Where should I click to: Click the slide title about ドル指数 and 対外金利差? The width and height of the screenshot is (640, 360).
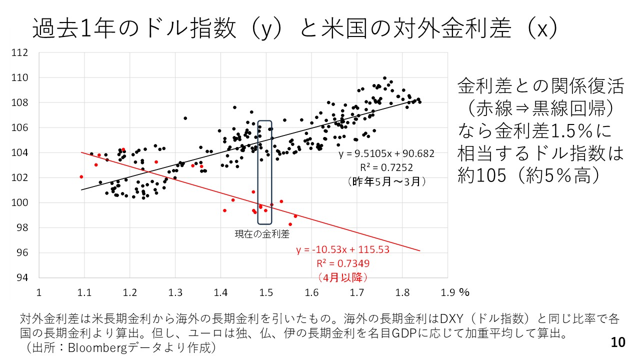pos(295,28)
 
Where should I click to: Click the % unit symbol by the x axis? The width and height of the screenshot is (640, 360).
pos(463,291)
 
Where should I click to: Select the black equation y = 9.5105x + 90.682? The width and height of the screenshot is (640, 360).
pos(386,154)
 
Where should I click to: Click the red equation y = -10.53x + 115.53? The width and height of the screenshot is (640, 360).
pos(342,249)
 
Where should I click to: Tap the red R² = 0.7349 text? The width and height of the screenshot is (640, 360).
pos(343,263)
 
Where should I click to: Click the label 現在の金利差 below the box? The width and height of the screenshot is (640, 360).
pos(262,233)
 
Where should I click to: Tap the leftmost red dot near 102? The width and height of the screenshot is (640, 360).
pos(81,176)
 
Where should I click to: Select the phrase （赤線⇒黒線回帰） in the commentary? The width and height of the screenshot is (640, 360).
pos(541,109)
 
